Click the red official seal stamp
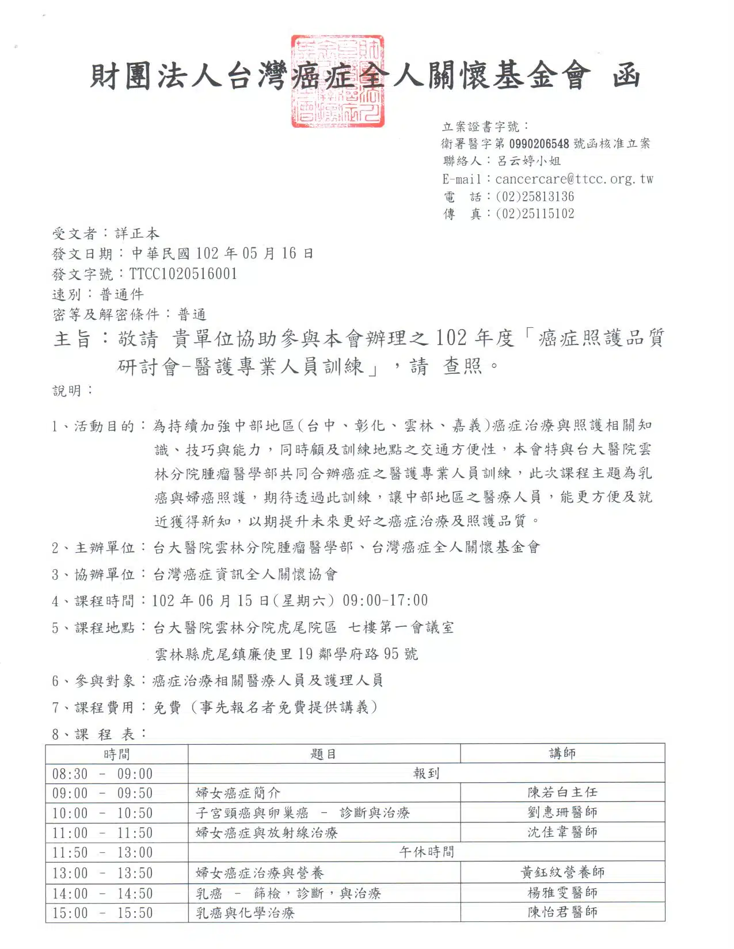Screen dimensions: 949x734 point(337,81)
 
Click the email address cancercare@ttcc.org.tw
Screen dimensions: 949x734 point(574,179)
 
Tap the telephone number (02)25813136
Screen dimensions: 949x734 point(534,197)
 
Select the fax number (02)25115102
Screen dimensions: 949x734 point(534,214)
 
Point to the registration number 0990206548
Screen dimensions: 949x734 point(539,144)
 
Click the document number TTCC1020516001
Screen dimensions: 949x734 point(183,274)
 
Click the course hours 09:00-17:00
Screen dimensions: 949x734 point(385,600)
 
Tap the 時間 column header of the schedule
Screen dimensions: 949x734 point(117,754)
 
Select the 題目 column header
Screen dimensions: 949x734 point(324,754)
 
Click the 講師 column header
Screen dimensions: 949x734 point(562,753)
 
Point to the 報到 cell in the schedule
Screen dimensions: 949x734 point(426,774)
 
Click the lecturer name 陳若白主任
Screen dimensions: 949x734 point(562,793)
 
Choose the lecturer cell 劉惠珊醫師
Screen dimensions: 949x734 point(562,812)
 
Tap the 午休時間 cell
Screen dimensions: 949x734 point(426,852)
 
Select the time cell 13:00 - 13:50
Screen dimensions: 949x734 point(102,873)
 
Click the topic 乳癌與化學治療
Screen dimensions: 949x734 point(245,913)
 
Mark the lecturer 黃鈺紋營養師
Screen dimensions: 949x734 point(562,873)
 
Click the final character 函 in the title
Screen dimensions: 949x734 point(626,75)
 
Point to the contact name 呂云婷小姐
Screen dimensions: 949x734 point(528,161)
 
